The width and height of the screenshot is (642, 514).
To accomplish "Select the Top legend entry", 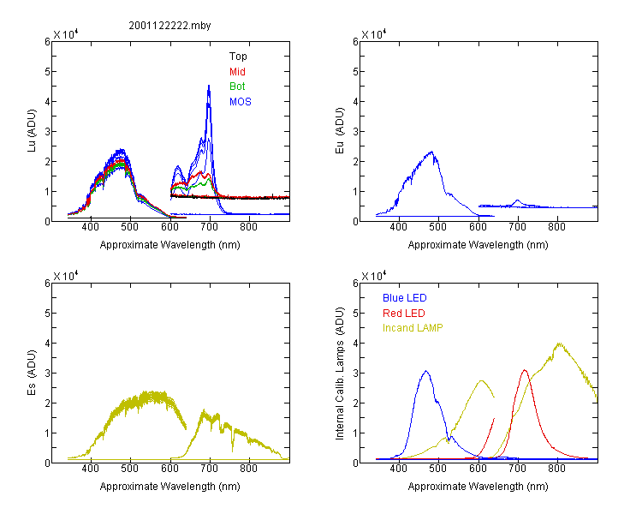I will click(x=238, y=57).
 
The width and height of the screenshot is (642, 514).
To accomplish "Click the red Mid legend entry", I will click(x=237, y=72).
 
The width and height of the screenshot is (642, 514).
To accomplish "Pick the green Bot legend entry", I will click(x=237, y=87).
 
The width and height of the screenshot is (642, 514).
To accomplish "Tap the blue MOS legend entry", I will click(x=240, y=102).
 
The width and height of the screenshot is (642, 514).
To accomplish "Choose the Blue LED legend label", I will click(x=405, y=298).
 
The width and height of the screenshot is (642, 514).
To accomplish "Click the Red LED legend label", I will click(x=404, y=313).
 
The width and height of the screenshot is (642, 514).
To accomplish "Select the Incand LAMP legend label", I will click(x=413, y=328).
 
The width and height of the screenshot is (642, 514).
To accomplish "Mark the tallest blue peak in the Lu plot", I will click(x=209, y=86).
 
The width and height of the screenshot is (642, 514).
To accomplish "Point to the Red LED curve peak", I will click(x=525, y=370).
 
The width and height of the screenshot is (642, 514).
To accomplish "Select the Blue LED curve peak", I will click(x=425, y=371).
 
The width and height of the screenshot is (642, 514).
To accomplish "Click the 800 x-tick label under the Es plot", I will click(x=249, y=469).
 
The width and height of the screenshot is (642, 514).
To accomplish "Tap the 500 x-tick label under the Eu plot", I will click(x=438, y=228).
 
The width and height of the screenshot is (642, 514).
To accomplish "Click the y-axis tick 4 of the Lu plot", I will click(x=45, y=101).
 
